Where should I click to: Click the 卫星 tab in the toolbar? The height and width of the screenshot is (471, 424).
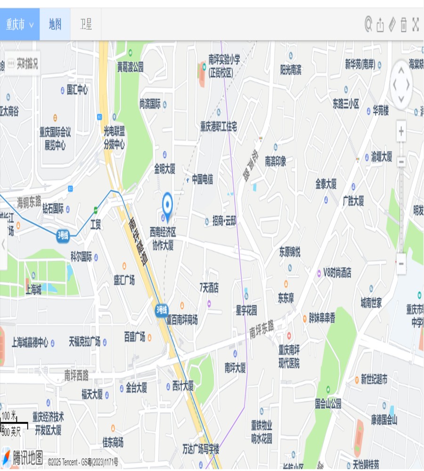coord(86,24)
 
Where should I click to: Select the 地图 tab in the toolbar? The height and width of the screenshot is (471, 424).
coord(55,24)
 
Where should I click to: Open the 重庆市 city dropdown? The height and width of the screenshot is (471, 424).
coord(19,24)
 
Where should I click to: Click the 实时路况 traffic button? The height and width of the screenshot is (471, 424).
coord(22,64)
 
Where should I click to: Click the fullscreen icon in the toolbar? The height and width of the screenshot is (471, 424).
coord(416,24)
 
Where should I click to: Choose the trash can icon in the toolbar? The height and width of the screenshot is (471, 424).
coord(404,24)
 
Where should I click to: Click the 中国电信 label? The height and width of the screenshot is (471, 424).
coord(202,179)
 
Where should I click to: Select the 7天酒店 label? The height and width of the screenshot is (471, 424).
coord(209,287)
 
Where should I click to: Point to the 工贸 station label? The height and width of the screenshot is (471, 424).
coord(96,225)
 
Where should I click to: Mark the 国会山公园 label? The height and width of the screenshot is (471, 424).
coord(328,404)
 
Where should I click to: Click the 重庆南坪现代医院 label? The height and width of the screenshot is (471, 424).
coord(289,356)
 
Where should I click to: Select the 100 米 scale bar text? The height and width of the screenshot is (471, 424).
coord(9,415)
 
